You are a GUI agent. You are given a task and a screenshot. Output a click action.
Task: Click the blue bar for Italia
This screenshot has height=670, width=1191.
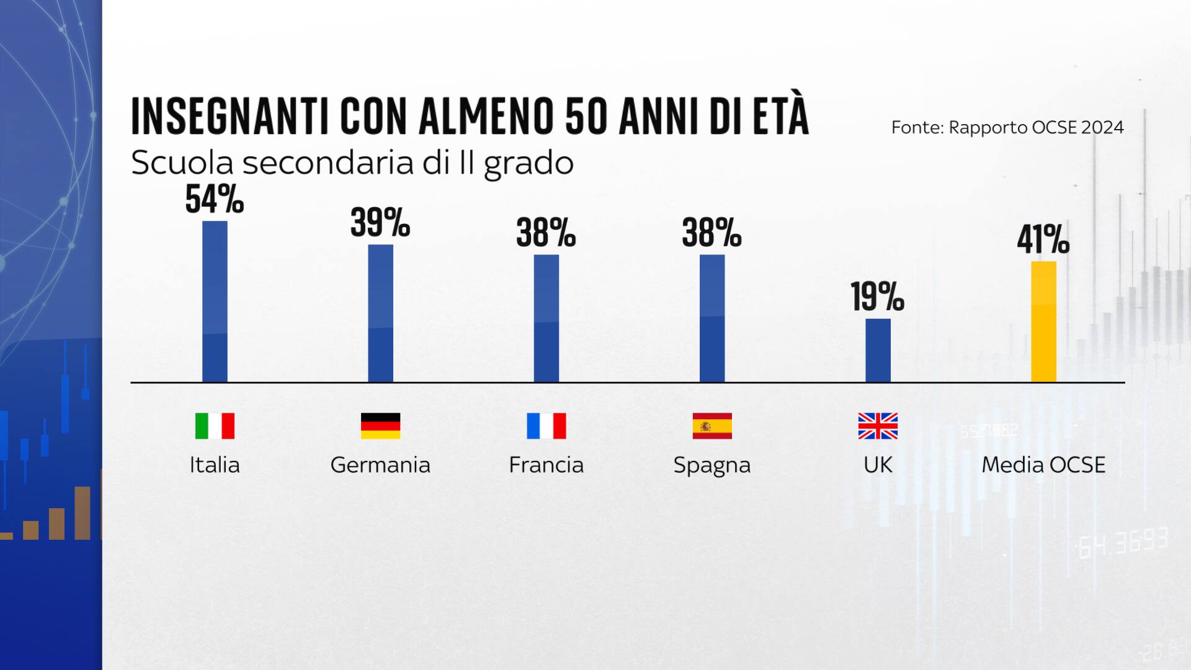[215, 301]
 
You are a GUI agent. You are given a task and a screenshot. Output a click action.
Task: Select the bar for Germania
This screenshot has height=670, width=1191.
[380, 313]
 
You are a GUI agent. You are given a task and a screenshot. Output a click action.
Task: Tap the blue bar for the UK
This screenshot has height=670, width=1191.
[878, 351]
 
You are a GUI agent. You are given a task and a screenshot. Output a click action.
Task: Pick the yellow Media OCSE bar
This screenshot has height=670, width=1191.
[1043, 321]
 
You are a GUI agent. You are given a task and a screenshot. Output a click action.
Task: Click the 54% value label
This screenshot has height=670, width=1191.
[215, 200]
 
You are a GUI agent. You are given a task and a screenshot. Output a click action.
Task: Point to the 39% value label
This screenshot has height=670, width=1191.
[380, 223]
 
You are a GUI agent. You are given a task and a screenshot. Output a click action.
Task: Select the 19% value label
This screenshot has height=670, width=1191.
[878, 297]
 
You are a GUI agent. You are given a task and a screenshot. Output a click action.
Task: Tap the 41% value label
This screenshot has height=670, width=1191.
[1043, 239]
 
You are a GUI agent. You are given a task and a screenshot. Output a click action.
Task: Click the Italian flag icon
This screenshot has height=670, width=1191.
[215, 426]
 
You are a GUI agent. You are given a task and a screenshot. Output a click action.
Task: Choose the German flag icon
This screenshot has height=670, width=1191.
[380, 426]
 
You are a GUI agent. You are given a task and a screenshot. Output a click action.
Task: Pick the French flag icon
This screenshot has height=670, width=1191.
[546, 426]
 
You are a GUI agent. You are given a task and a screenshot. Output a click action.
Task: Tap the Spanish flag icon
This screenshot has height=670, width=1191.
[712, 426]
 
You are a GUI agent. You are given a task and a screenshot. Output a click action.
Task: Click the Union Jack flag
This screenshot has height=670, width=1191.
[878, 426]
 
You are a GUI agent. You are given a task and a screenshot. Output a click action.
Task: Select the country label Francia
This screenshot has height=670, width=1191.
[546, 465]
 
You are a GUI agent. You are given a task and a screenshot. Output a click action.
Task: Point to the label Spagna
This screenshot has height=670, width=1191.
[712, 465]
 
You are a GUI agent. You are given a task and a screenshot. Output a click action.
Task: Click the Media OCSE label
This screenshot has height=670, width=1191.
[1043, 465]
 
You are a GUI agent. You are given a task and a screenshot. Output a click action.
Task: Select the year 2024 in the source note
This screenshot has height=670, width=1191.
[1102, 127]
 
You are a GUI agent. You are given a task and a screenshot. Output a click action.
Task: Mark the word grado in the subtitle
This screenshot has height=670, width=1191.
[529, 164]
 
